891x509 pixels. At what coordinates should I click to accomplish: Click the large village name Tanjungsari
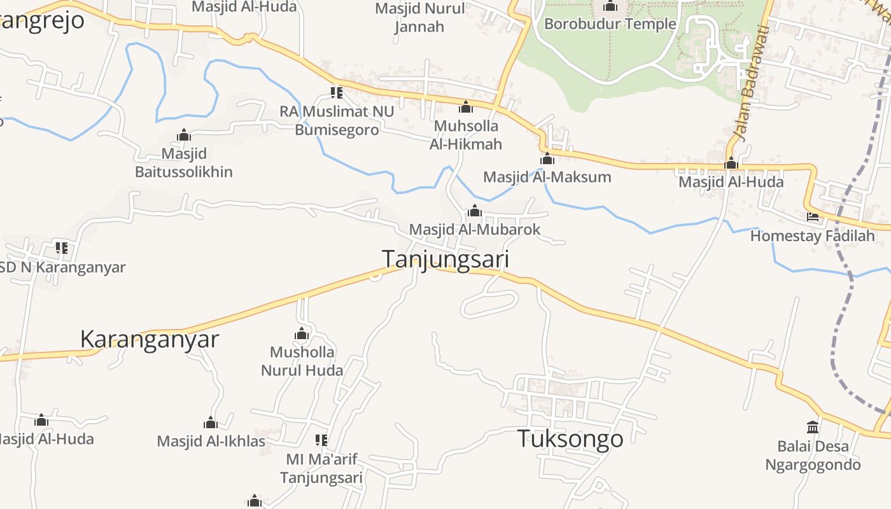point(445,260)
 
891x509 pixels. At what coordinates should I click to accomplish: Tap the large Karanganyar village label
point(150,339)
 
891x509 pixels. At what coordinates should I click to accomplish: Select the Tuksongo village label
point(570,439)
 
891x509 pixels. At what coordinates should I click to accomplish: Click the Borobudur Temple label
point(610,24)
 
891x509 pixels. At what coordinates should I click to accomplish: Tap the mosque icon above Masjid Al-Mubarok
point(475,211)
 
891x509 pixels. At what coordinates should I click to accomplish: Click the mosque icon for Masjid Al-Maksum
point(547,158)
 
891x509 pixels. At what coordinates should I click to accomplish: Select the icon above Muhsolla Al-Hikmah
point(466,107)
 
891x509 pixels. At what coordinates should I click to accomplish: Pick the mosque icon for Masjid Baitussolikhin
point(184,135)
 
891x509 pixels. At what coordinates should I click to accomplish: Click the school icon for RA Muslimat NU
point(337,93)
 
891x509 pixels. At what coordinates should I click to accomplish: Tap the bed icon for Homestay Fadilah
point(813,217)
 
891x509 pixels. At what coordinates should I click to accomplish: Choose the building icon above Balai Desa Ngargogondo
point(813,427)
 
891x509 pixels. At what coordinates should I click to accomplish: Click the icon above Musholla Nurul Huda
point(302,333)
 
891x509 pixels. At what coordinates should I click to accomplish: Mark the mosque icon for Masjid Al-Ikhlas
point(211,422)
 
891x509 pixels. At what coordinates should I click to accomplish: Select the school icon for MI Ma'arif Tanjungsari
point(321,440)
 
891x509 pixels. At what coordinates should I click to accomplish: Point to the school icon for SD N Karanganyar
point(61,248)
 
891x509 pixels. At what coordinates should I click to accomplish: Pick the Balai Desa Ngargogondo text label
point(813,456)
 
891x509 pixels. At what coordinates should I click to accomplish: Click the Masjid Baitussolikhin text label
point(184,163)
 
